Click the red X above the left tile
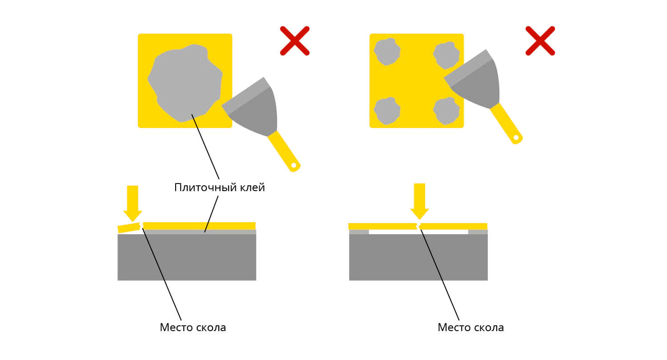pos(295,41)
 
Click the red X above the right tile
pos(540,41)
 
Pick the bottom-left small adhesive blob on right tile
pos(387,111)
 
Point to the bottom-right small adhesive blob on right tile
pos(446,111)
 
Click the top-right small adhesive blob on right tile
pos(446,56)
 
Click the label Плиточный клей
pos(220,188)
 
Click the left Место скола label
pos(193,328)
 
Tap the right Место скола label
pos(471,328)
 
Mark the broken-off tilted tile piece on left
pos(129,228)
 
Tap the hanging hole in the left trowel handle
pos(293,165)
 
